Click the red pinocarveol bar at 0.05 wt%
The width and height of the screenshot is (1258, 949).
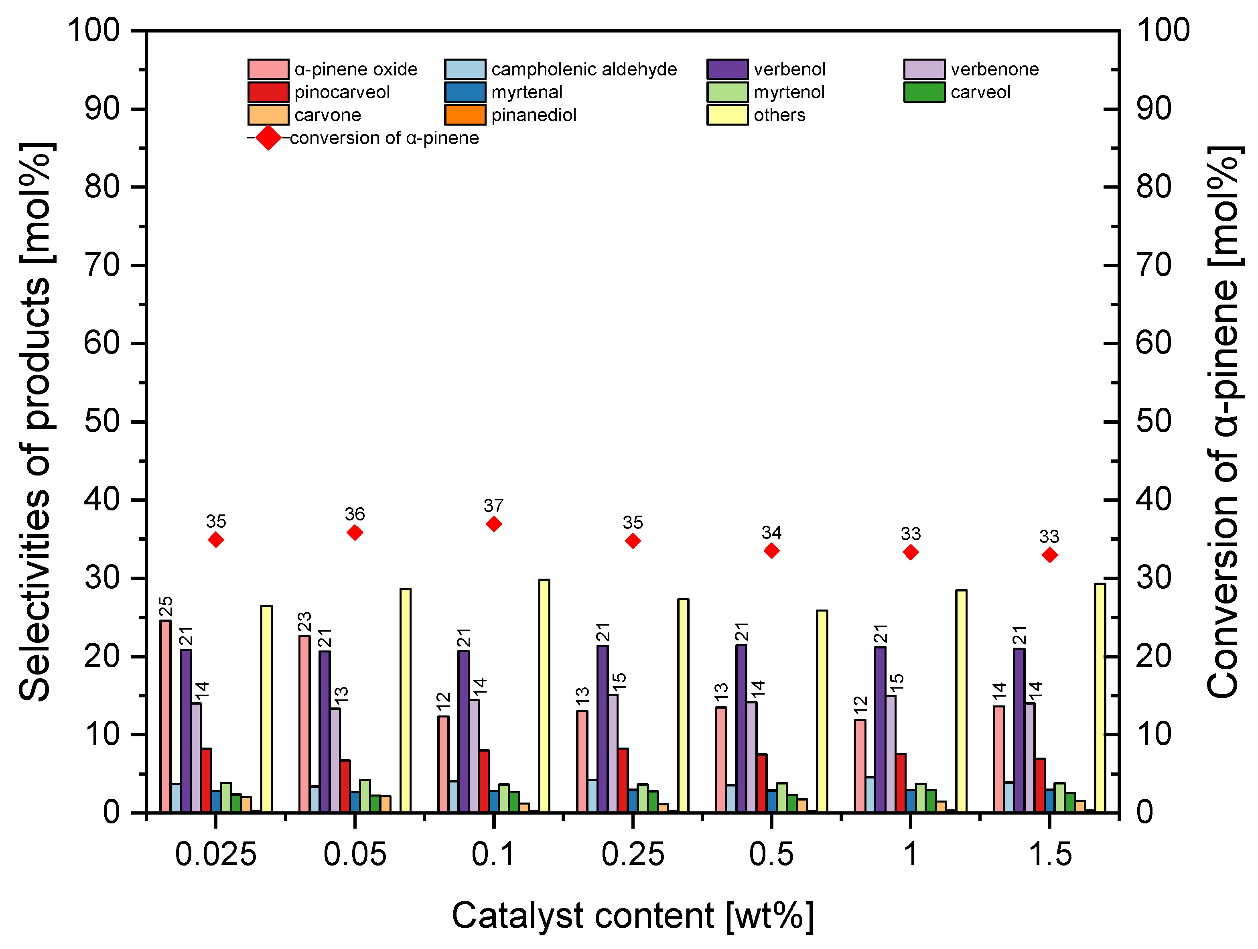click(x=345, y=786)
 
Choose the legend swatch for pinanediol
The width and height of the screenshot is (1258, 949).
click(x=465, y=115)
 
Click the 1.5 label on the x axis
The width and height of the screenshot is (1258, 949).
click(x=1050, y=855)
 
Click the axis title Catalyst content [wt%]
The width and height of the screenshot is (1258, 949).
click(x=633, y=916)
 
